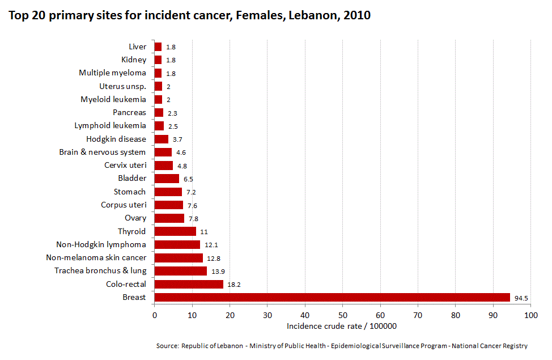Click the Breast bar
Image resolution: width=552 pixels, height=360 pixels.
click(x=332, y=297)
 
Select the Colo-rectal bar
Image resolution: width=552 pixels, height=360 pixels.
click(x=189, y=284)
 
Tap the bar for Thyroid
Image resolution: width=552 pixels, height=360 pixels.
click(x=175, y=231)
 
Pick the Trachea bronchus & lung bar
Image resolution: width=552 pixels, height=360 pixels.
click(x=181, y=271)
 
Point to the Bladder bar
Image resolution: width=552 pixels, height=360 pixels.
click(x=167, y=179)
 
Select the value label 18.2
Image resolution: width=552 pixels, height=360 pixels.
click(x=234, y=285)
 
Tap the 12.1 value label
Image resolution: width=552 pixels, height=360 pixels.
click(x=211, y=245)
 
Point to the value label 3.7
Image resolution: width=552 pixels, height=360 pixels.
click(x=178, y=139)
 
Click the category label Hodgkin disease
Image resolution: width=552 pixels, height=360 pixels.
click(x=116, y=139)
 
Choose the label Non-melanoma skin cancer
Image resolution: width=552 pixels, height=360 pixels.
click(x=96, y=258)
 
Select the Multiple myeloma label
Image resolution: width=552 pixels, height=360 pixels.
click(x=112, y=73)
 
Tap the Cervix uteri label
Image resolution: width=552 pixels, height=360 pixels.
click(x=125, y=165)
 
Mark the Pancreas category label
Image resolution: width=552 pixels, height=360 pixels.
click(x=129, y=112)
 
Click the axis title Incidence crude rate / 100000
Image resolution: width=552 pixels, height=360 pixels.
click(x=341, y=326)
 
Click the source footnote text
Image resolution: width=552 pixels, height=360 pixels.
click(x=342, y=346)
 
